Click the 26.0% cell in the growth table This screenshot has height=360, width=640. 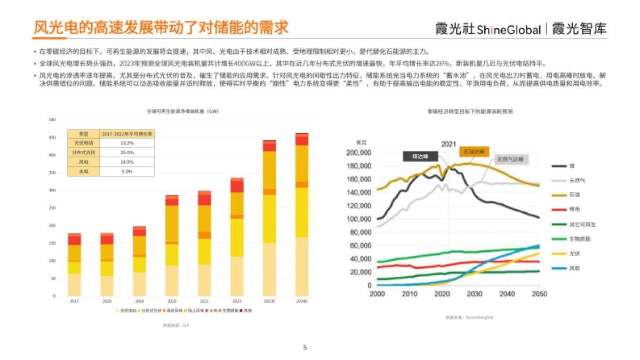pyautogui.click(x=127, y=152)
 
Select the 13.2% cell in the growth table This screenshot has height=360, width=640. pyautogui.click(x=127, y=143)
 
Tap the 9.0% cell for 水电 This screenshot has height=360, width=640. pyautogui.click(x=127, y=171)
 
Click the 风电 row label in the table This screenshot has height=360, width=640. pyautogui.click(x=83, y=162)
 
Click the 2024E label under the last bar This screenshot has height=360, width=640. pyautogui.click(x=301, y=301)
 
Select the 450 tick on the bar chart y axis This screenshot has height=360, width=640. pyautogui.click(x=52, y=138)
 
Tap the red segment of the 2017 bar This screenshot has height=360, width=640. pyautogui.click(x=74, y=240)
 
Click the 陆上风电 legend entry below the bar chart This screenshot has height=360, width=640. pyautogui.click(x=196, y=310)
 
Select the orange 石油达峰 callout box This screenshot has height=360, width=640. pyautogui.click(x=474, y=151)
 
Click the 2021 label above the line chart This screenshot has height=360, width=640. pyautogui.click(x=448, y=144)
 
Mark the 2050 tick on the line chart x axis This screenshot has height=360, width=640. pyautogui.click(x=539, y=294)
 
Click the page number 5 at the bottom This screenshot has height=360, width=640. pyautogui.click(x=305, y=348)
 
